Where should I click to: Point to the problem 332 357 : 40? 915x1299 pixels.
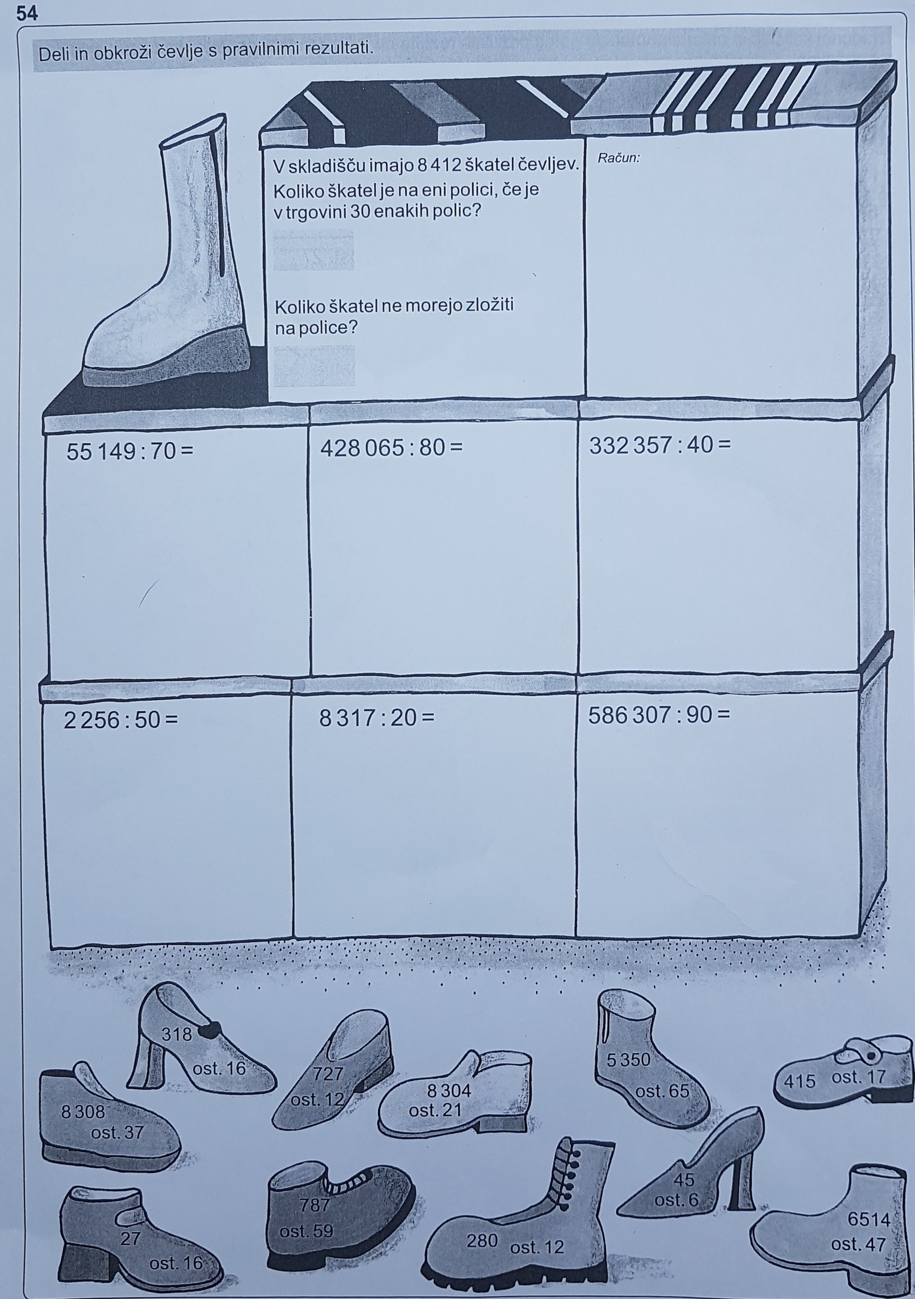click(660, 446)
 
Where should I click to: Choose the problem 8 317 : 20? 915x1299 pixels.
click(377, 718)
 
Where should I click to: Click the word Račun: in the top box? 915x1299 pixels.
click(619, 158)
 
